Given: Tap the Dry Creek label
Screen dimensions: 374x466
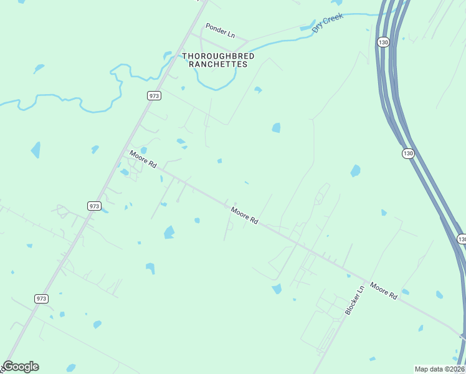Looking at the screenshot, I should click(x=328, y=24).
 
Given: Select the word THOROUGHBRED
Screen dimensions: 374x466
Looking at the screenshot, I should click(x=218, y=56).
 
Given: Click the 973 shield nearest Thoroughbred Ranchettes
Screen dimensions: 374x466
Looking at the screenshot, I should click(x=155, y=95).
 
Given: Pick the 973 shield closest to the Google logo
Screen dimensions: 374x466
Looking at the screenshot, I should click(x=42, y=299).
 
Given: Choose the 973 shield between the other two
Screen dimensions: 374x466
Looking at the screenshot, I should click(x=94, y=206).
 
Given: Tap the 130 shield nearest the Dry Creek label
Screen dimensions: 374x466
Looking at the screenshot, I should click(x=383, y=42).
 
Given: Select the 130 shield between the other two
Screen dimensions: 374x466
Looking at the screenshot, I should click(x=408, y=153).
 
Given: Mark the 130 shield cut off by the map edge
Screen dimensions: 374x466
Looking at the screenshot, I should click(x=462, y=239).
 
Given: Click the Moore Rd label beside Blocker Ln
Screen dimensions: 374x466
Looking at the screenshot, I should click(x=383, y=290).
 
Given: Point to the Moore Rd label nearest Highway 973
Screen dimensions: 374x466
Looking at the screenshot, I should click(x=143, y=159).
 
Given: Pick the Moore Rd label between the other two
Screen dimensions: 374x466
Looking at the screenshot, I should click(x=244, y=215).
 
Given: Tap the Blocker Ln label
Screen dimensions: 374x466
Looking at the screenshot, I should click(x=354, y=300).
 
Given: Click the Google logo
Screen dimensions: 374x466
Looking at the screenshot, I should click(x=21, y=367).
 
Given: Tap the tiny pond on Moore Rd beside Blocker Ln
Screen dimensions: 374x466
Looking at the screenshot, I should click(x=405, y=292).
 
